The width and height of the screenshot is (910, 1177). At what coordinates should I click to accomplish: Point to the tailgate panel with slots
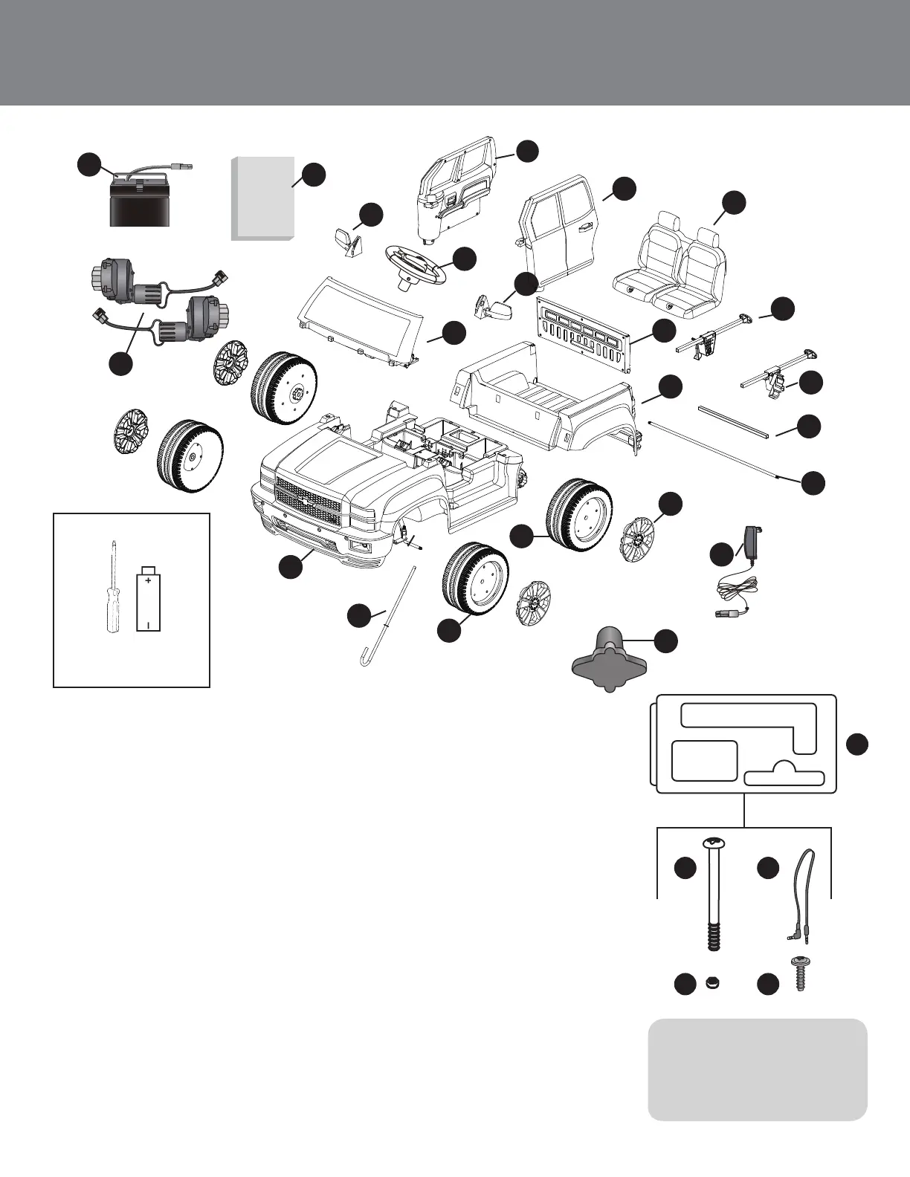[x=584, y=334]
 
